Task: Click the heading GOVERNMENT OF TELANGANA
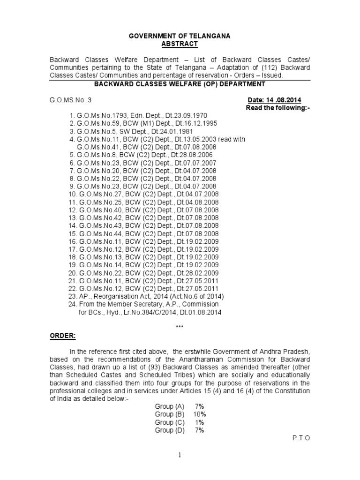(x=180, y=36)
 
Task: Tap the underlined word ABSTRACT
(x=180, y=44)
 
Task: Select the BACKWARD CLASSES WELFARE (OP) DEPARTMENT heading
(x=180, y=84)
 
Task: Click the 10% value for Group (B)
(x=199, y=414)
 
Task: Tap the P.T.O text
(x=300, y=438)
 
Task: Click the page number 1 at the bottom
(x=180, y=456)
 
